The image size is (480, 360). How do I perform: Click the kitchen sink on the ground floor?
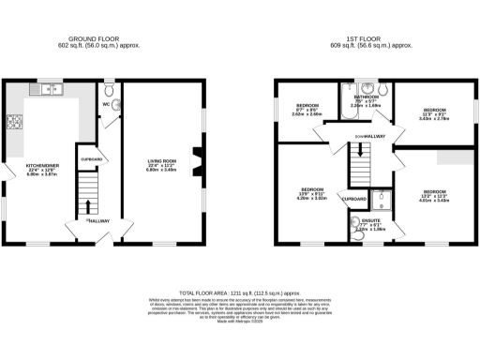48,90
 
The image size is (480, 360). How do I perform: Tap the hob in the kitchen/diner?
15,122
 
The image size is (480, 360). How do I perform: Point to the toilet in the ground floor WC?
110,91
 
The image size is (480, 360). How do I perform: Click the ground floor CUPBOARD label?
92,159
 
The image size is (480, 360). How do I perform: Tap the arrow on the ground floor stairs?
86,206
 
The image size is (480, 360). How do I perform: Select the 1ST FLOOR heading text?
375,38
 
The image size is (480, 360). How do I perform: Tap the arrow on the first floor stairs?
356,169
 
